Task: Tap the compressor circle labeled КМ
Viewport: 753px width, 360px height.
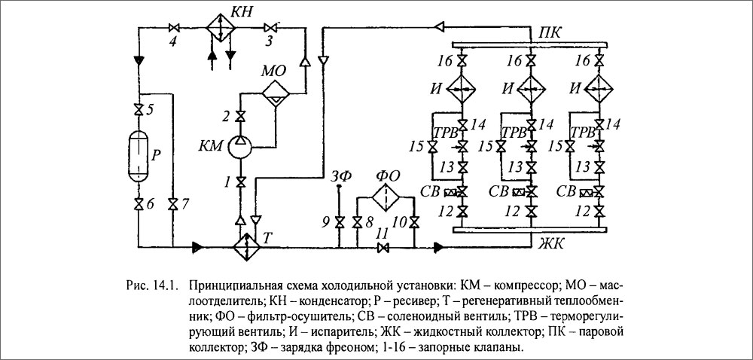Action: pyautogui.click(x=240, y=146)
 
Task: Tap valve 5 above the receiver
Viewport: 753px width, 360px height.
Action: pyautogui.click(x=139, y=108)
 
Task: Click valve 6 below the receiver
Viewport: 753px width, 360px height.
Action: pyautogui.click(x=139, y=204)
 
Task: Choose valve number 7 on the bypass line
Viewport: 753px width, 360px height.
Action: pyautogui.click(x=173, y=204)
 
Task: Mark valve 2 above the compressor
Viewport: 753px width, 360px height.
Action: pyautogui.click(x=240, y=116)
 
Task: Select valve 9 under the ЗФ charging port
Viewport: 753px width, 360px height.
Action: pyautogui.click(x=339, y=222)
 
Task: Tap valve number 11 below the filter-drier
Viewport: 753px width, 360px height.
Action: pyautogui.click(x=384, y=247)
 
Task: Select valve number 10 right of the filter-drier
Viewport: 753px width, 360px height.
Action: pyautogui.click(x=415, y=222)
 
